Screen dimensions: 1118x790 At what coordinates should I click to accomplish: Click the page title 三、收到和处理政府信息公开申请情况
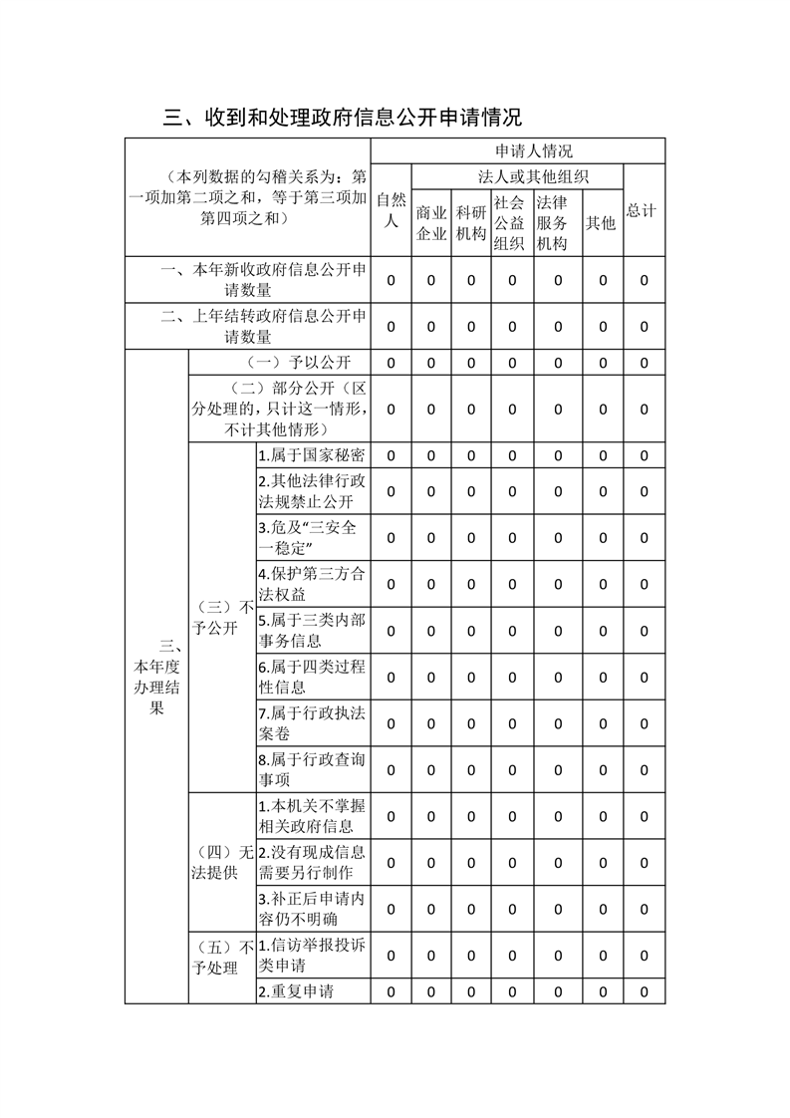pyautogui.click(x=343, y=118)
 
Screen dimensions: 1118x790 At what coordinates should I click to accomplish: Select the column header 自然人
pyautogui.click(x=391, y=210)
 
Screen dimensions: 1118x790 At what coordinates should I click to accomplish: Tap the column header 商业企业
pyautogui.click(x=430, y=223)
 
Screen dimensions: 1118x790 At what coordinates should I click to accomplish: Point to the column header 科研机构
pyautogui.click(x=470, y=223)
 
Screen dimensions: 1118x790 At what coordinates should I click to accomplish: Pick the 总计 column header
pyautogui.click(x=643, y=210)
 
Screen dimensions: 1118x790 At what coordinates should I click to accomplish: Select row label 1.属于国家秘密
pyautogui.click(x=311, y=455)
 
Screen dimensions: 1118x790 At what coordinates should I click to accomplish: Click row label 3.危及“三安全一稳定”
pyautogui.click(x=311, y=538)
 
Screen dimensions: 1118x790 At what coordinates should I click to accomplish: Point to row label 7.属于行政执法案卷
pyautogui.click(x=311, y=723)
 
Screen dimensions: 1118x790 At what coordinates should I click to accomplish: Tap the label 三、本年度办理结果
pyautogui.click(x=156, y=677)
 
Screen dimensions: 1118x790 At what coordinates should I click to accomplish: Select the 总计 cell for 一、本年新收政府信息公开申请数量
pyautogui.click(x=644, y=280)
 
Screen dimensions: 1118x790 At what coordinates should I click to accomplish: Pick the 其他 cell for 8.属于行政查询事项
pyautogui.click(x=603, y=769)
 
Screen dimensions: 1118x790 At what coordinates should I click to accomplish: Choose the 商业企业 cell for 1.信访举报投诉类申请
pyautogui.click(x=430, y=956)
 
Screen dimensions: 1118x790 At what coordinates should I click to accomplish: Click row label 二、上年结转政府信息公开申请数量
pyautogui.click(x=248, y=327)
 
